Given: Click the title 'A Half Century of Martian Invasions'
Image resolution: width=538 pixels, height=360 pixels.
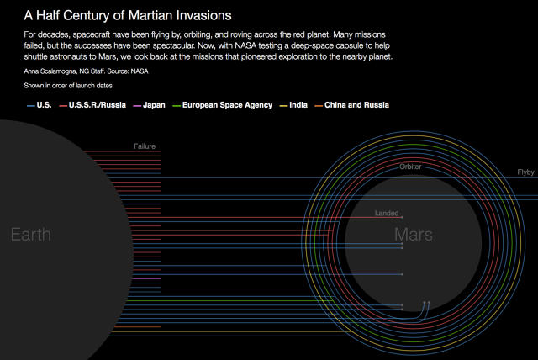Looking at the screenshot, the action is click(x=128, y=15).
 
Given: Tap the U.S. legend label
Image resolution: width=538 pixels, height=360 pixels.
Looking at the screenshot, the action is click(x=44, y=105).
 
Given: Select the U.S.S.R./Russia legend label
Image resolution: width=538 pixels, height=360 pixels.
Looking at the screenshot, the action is click(x=98, y=105).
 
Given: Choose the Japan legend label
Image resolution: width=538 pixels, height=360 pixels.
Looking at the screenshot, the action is click(x=154, y=105).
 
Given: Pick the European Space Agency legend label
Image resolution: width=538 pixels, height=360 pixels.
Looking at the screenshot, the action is click(x=227, y=105).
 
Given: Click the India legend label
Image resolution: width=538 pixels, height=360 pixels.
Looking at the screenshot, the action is click(x=298, y=105).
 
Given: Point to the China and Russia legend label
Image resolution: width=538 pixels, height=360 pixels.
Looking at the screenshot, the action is click(x=356, y=105).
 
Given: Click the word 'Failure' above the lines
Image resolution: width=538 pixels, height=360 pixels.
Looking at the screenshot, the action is click(x=145, y=146).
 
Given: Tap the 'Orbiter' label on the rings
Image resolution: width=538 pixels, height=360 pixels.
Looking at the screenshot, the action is click(x=410, y=167).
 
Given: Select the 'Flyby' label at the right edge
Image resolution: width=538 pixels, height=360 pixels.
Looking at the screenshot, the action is click(x=525, y=172).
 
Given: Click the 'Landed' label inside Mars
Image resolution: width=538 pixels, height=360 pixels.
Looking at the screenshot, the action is click(x=387, y=213).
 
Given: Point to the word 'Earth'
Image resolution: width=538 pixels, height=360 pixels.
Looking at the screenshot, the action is click(x=31, y=235).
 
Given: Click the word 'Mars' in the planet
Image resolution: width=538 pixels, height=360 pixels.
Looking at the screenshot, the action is click(x=413, y=235).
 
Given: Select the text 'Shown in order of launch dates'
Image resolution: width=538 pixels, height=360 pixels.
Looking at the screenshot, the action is click(x=68, y=86).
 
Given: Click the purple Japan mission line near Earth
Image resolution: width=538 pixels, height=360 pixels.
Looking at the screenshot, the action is click(x=146, y=278).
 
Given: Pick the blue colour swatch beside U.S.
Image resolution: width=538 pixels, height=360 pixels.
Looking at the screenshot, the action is click(x=31, y=106).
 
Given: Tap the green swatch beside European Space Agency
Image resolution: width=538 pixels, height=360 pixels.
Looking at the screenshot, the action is click(x=177, y=106).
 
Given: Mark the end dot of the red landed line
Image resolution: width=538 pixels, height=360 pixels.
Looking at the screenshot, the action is click(x=402, y=217).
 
